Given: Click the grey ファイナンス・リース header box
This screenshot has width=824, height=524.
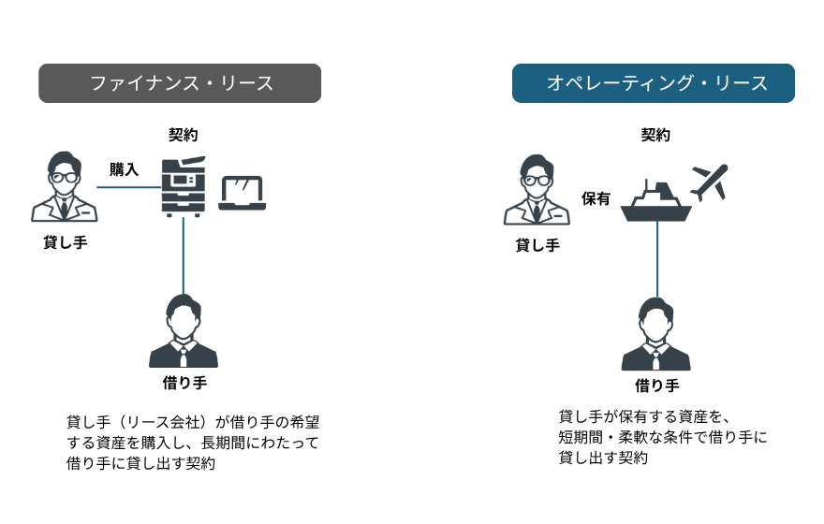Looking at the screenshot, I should [180, 83].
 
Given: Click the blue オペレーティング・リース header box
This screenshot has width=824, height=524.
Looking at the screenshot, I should [653, 83].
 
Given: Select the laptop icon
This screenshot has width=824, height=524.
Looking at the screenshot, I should [243, 193].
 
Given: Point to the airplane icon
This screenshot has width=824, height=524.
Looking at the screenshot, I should [709, 181].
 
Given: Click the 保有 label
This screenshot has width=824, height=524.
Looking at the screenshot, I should [596, 198].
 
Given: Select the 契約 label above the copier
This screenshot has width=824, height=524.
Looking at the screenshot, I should [184, 135].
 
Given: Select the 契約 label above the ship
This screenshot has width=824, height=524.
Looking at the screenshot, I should [655, 135].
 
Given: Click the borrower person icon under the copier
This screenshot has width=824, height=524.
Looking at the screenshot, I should [184, 332].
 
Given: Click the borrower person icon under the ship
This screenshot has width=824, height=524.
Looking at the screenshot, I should [656, 335].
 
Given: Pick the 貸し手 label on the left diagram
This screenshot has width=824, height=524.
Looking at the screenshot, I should [66, 242].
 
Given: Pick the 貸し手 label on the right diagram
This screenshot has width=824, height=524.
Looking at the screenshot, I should [537, 245].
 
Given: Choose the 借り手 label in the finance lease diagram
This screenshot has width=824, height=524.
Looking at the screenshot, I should [184, 384].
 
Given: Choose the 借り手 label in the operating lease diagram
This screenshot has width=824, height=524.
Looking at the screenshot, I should [656, 386].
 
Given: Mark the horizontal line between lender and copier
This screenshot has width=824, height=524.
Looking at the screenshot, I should [129, 187].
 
